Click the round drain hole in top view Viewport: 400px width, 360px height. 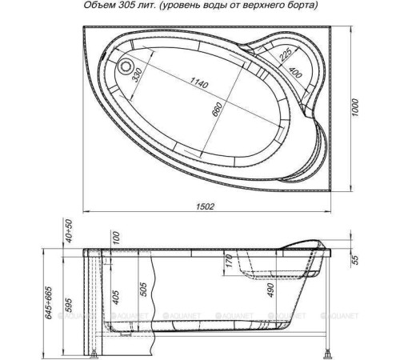pyautogui.click(x=126, y=66)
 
